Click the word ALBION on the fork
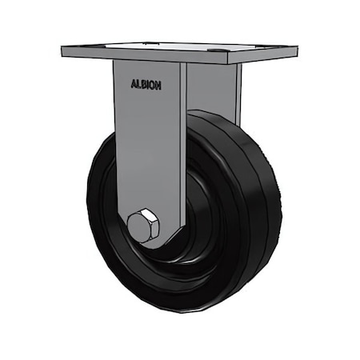[146, 84]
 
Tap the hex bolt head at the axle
[142, 226]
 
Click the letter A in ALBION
[133, 84]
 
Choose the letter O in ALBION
[153, 84]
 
